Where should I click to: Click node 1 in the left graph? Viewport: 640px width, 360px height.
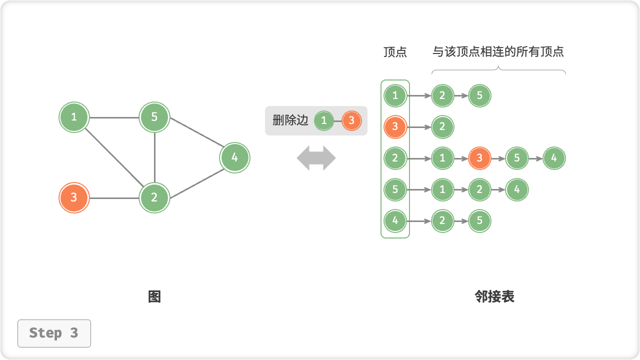click(x=74, y=117)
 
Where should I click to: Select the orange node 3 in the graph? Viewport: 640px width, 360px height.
click(x=74, y=197)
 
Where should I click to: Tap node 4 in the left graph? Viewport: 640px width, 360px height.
click(x=234, y=158)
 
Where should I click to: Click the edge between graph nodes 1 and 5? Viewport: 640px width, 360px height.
click(x=114, y=118)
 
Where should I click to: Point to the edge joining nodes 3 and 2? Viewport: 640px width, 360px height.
click(x=114, y=198)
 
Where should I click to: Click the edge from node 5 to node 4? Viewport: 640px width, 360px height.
click(x=195, y=137)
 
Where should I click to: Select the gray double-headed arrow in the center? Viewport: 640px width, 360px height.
click(x=316, y=158)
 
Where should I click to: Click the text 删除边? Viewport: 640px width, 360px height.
click(x=290, y=120)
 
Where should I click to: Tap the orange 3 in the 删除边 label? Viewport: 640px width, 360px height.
click(x=351, y=120)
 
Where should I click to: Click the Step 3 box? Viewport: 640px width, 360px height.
click(x=54, y=333)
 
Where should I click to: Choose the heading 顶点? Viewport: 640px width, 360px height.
click(x=395, y=52)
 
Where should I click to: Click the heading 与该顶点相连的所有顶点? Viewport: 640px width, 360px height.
click(x=498, y=52)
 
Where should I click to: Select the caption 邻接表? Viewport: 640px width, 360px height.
click(x=494, y=297)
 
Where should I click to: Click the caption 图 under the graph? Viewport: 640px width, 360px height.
click(x=154, y=297)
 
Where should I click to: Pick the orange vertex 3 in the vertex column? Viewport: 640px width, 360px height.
click(x=395, y=127)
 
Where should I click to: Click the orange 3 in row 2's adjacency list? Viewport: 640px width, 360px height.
click(x=479, y=158)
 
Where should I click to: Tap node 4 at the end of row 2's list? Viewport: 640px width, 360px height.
click(x=554, y=158)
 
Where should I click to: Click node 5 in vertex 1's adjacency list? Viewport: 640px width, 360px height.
click(x=479, y=95)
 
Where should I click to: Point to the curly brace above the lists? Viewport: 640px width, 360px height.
click(x=498, y=70)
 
